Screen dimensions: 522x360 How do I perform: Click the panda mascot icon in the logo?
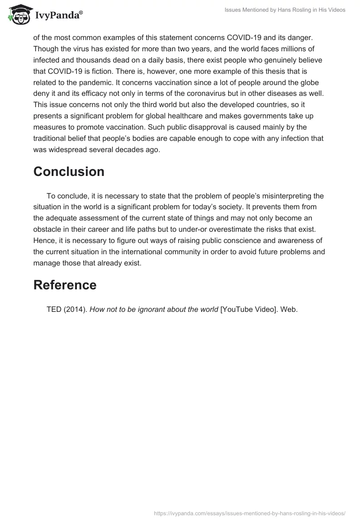[x=18, y=14]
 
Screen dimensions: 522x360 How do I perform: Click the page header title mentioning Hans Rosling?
[x=285, y=10]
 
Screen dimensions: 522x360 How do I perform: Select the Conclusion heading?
[x=69, y=171]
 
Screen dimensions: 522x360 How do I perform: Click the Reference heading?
[x=65, y=285]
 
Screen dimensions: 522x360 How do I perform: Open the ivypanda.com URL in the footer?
[x=249, y=513]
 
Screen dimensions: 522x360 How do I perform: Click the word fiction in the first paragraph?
[x=109, y=71]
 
